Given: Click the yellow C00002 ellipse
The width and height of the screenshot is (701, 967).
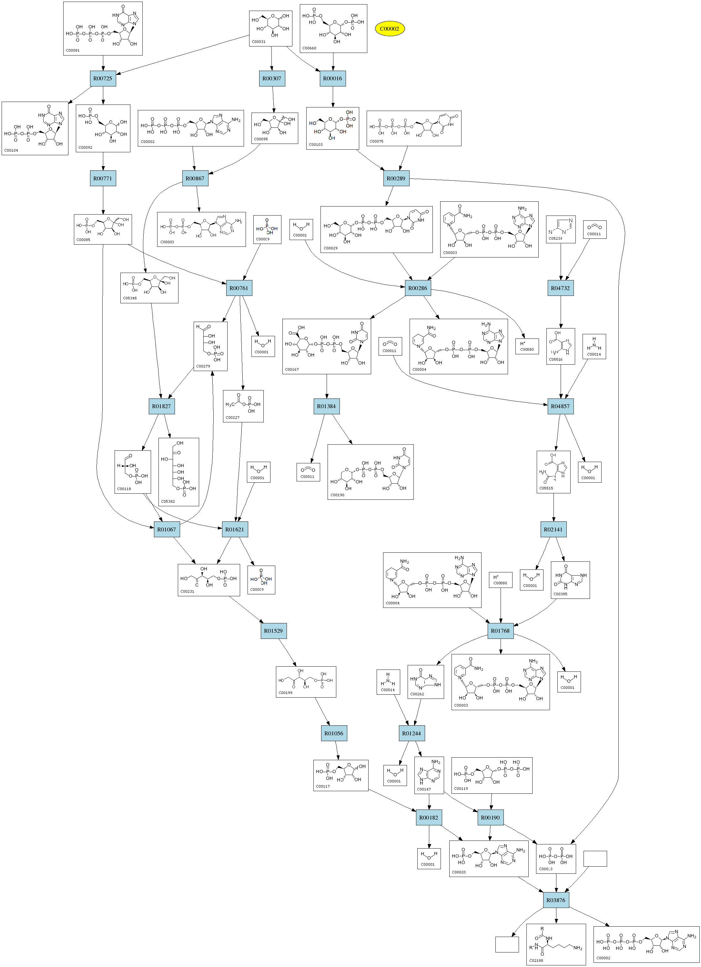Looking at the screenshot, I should point(389,29).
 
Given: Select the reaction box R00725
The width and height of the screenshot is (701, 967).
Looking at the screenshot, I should point(103,78).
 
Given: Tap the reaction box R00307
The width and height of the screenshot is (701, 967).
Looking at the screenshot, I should point(272,78).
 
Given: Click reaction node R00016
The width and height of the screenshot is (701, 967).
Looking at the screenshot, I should point(333,78).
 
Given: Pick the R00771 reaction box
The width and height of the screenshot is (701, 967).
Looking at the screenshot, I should point(103,178).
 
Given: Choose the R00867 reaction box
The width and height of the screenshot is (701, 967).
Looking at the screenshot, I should point(195,178).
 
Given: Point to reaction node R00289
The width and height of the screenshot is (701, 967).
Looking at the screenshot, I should point(396,178).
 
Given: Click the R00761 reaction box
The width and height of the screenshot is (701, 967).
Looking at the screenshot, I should point(239,288).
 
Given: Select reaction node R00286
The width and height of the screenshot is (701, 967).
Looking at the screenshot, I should point(417,288).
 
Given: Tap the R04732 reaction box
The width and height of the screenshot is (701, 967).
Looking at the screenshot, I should point(560,288).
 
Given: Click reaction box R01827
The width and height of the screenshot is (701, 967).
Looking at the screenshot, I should point(162,406).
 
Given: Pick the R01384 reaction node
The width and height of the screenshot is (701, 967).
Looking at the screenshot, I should point(326,406).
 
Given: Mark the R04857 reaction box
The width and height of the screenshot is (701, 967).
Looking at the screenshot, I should point(560,406).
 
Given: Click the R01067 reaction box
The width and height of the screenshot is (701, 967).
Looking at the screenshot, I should point(166,529).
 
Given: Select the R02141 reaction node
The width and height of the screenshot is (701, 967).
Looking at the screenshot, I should point(554,529).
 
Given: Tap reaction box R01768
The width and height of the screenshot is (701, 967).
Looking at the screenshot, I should point(501,630).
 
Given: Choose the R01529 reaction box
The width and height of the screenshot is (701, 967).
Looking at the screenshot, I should point(273,630).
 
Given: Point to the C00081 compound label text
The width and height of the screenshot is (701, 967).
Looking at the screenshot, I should point(73,50).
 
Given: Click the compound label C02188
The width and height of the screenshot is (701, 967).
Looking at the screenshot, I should point(536,960).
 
